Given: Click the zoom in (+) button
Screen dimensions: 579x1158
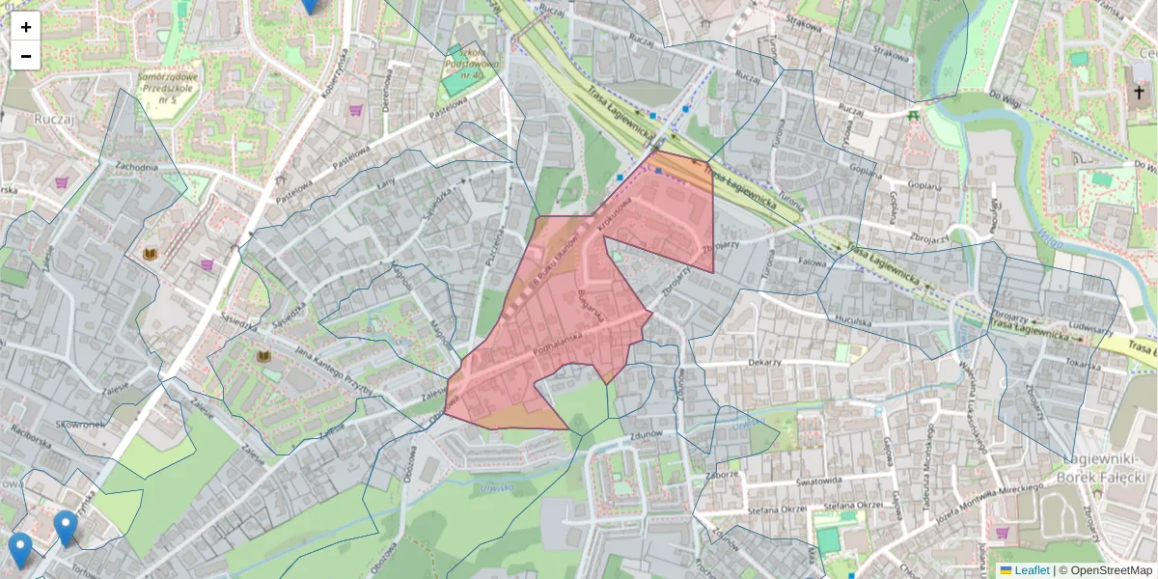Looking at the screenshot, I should click(26, 27).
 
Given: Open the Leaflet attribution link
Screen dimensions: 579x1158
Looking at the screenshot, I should click(1031, 570).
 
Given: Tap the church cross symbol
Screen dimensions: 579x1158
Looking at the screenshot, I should click(1139, 94).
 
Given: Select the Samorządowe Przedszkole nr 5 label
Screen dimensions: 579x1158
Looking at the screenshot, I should click(169, 88).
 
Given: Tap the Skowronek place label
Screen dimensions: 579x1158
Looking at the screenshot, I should click(80, 424).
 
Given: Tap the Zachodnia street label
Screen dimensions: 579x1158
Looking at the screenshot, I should click(136, 167).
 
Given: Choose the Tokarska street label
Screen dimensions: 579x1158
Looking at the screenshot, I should click(1085, 364).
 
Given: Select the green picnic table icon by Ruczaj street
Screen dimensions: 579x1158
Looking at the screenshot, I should click(913, 115).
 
